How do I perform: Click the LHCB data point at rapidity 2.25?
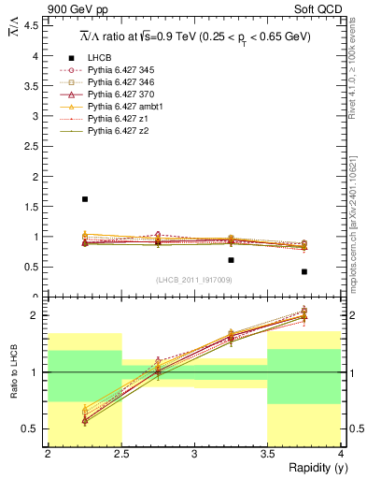point(85,199)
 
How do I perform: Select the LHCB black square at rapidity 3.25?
point(231,260)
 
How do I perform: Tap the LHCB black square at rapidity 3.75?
point(304,271)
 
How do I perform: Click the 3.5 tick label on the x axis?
point(267,454)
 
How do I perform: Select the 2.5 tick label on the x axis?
point(120,454)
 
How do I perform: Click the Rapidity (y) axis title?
point(313,468)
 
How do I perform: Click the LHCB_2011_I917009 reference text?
point(194,280)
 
